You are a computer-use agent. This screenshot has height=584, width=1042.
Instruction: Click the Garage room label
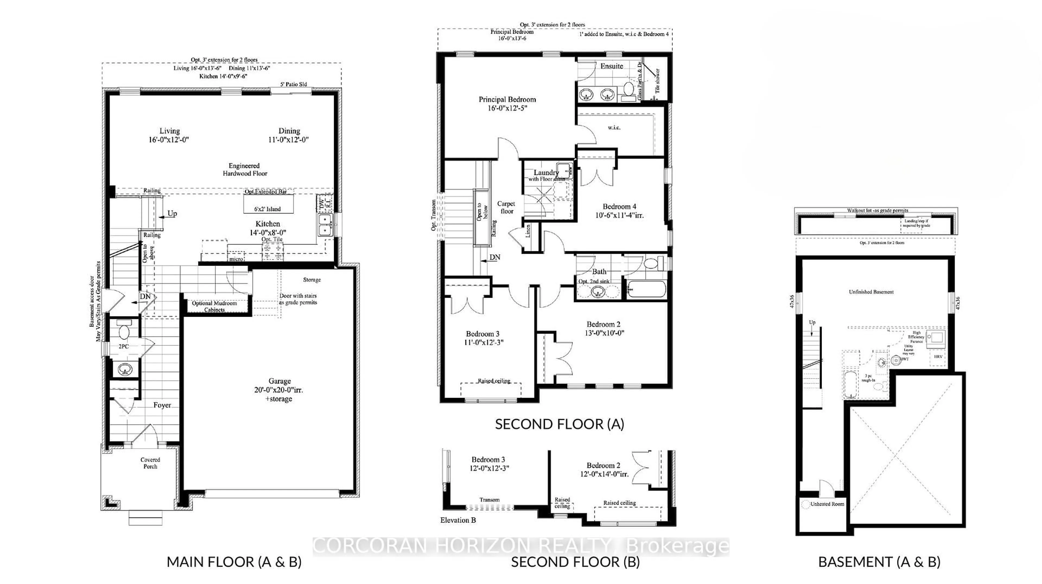(279, 381)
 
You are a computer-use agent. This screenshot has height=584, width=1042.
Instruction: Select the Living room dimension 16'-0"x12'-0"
(169, 140)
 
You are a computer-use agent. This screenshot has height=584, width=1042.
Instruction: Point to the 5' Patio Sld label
(294, 84)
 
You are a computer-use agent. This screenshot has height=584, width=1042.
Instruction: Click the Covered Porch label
(150, 463)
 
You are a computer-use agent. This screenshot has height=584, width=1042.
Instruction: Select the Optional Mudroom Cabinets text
(214, 306)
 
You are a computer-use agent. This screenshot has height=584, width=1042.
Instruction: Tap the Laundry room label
(546, 172)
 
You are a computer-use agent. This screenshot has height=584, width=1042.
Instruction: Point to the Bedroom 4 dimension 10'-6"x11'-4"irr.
(619, 215)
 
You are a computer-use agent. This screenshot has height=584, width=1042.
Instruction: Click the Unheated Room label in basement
(827, 504)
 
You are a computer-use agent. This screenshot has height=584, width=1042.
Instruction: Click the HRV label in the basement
(938, 356)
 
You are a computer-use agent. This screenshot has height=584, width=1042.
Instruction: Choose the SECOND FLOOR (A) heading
(560, 424)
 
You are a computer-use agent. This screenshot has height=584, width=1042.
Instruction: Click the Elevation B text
(458, 520)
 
